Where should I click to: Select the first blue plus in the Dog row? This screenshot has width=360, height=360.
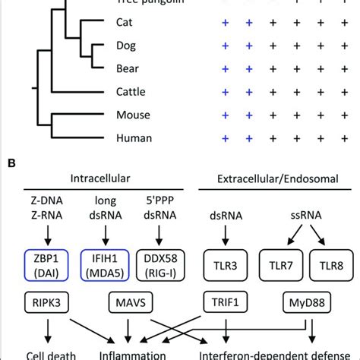(225, 46)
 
